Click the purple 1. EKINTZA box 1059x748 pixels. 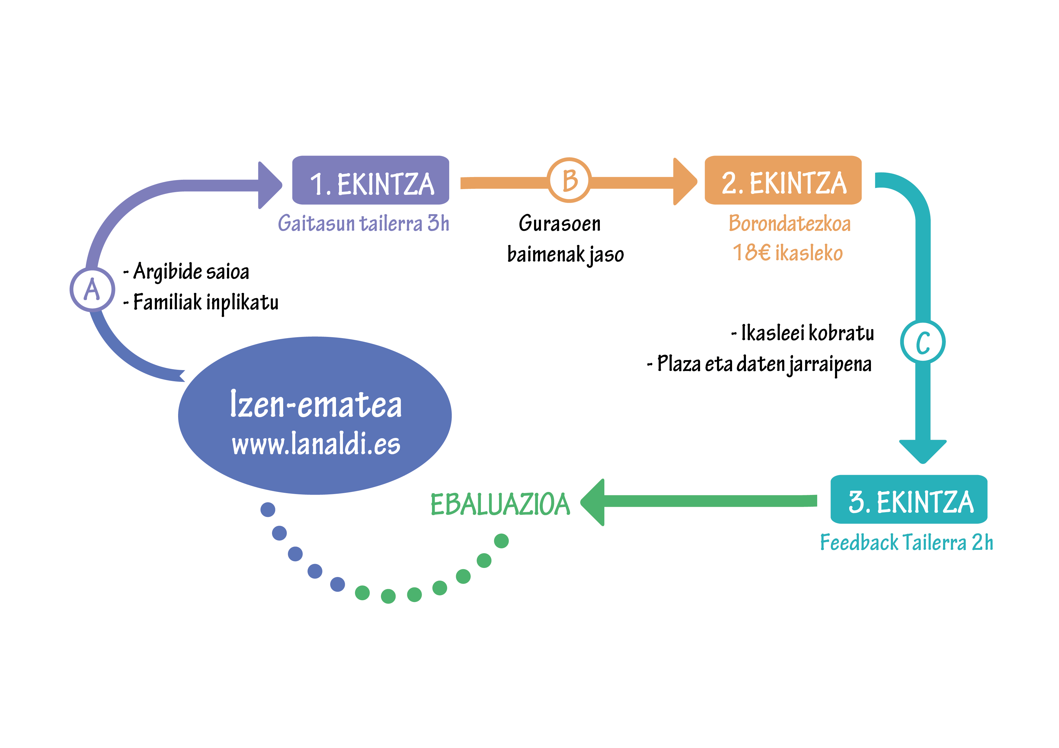pos(370,180)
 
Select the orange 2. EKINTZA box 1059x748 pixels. pos(783,180)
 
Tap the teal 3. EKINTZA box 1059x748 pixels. pos(909,499)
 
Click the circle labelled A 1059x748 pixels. pos(92,290)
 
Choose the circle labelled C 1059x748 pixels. pos(923,342)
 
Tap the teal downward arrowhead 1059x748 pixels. pos(923,452)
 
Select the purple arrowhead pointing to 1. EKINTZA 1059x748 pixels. pos(270,185)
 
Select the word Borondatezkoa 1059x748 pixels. pos(790,223)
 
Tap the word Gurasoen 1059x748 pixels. pos(559,223)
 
